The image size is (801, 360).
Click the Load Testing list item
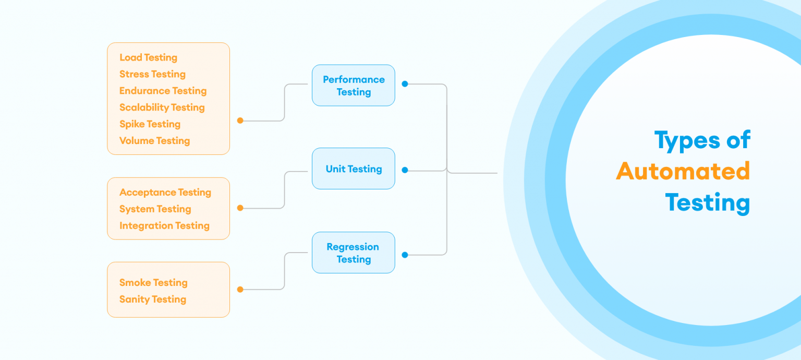point(148,57)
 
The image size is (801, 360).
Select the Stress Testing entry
point(152,74)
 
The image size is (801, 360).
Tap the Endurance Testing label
point(163,91)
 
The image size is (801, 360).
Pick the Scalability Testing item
point(162,107)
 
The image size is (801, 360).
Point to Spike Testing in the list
point(150,124)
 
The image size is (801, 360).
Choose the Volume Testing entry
point(154,141)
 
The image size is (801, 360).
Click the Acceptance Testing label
point(165,193)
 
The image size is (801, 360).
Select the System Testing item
point(155,209)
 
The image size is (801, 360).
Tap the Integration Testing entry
point(164,226)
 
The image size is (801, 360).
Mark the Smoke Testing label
point(153,283)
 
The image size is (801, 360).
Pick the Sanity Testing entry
point(152,299)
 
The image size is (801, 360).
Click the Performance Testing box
point(354,86)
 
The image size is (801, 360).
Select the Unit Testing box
point(354,169)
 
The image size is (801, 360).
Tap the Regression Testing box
point(354,253)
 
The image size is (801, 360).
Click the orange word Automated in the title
point(683,171)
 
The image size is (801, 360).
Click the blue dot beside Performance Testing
point(405,83)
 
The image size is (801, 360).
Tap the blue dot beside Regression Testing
point(405,255)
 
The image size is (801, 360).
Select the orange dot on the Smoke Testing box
point(240,290)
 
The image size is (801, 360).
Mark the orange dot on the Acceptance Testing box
point(240,208)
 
